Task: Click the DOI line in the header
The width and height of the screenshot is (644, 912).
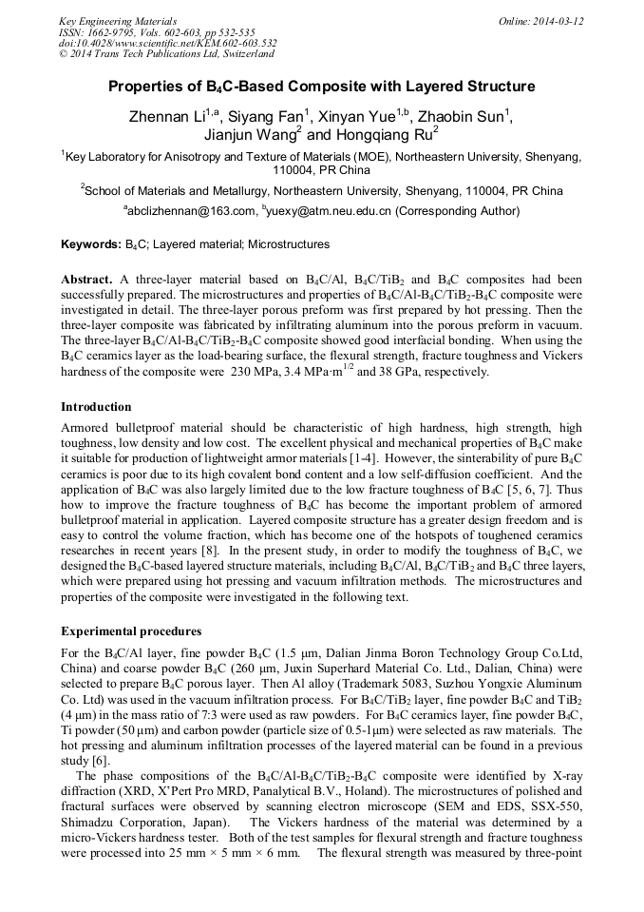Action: [x=167, y=43]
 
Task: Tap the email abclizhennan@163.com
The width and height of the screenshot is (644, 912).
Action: [x=189, y=211]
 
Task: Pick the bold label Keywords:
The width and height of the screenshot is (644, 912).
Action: [x=91, y=244]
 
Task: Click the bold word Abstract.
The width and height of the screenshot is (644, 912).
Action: [x=87, y=280]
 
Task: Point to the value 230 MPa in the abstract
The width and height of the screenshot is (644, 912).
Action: [x=255, y=372]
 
